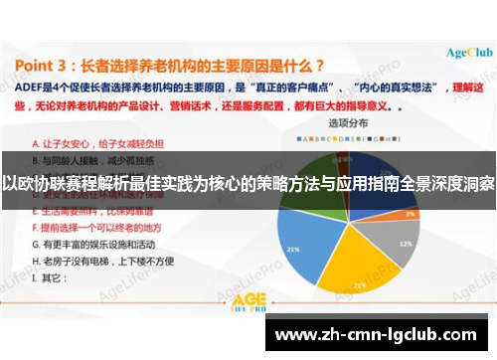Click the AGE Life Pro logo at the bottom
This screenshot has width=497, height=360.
tap(248, 301)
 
